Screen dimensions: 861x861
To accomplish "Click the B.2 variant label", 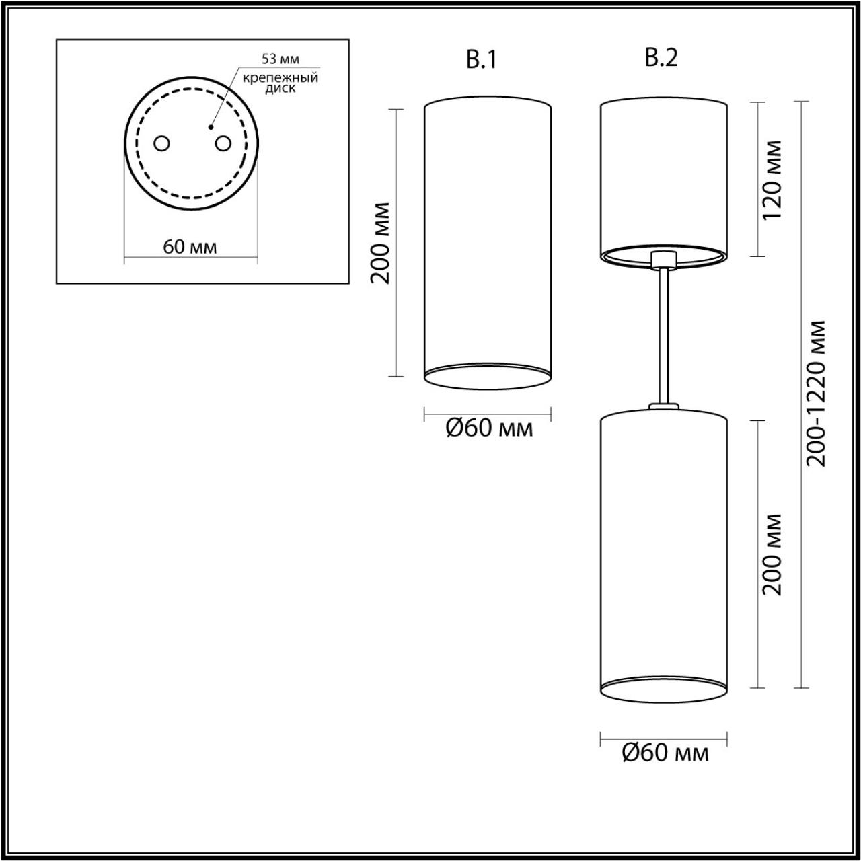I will click(x=661, y=59).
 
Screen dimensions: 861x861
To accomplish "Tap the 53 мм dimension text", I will click(x=280, y=61).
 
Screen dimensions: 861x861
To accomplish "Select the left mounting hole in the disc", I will click(x=161, y=143).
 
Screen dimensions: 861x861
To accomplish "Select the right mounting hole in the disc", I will click(x=222, y=143).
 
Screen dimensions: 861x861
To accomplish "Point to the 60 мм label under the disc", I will click(x=190, y=247).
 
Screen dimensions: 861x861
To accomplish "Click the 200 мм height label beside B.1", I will click(x=381, y=241).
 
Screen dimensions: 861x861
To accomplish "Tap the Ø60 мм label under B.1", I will click(x=489, y=428).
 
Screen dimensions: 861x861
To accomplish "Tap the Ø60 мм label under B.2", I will click(x=665, y=753).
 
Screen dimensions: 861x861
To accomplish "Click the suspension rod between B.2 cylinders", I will click(x=663, y=336).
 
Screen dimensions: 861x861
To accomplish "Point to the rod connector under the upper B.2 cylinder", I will click(x=663, y=259).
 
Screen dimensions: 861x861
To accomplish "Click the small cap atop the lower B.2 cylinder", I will click(x=663, y=406).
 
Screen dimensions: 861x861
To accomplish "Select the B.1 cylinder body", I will click(x=488, y=235).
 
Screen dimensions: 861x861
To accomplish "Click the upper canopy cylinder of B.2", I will click(x=663, y=175).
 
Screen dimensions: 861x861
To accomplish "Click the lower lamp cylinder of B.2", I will click(x=663, y=545).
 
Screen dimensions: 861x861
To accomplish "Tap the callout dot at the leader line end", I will click(x=211, y=126).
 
